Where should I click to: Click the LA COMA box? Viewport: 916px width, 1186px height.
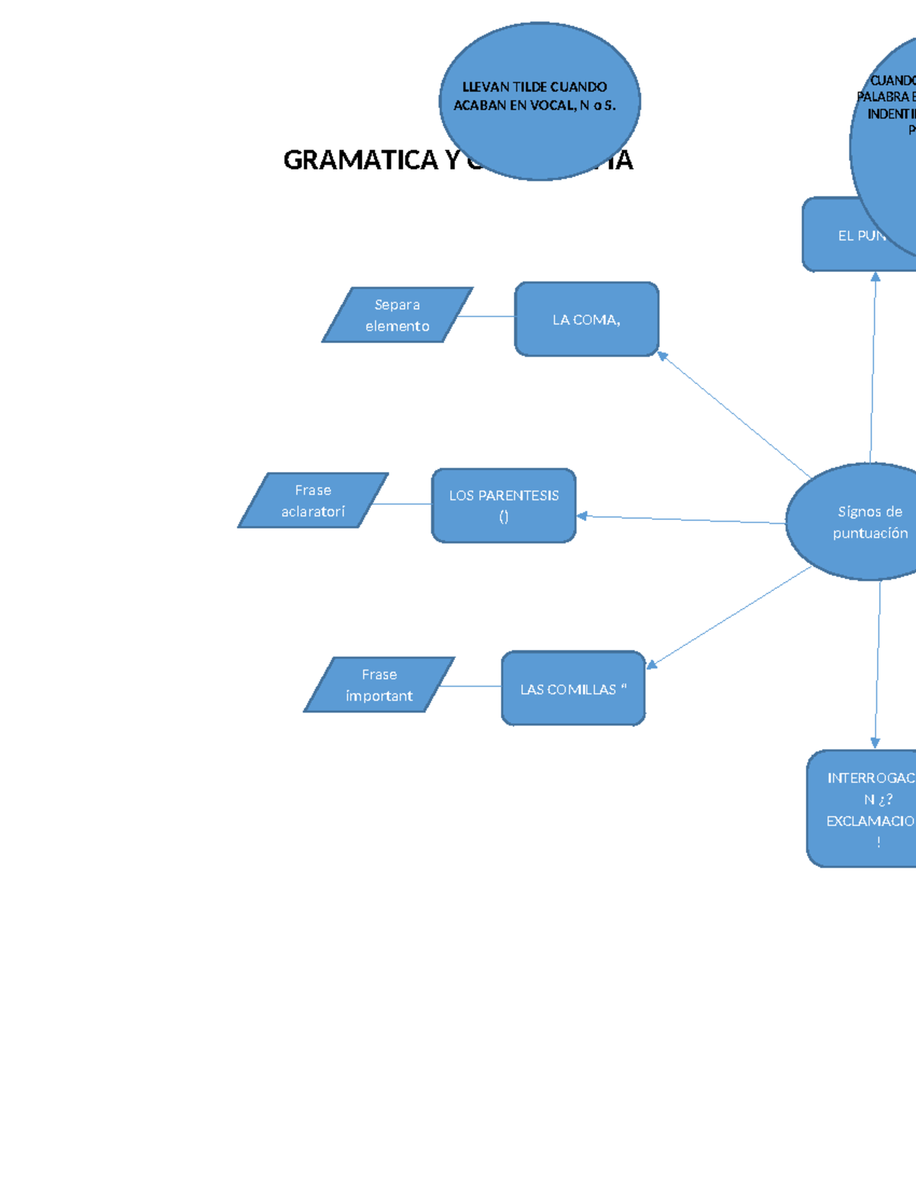pyautogui.click(x=586, y=319)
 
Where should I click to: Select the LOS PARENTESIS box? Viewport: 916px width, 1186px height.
pyautogui.click(x=503, y=506)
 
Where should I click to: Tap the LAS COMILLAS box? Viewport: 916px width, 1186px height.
pyautogui.click(x=572, y=688)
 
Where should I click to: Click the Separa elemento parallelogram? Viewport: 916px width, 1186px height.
pyautogui.click(x=397, y=315)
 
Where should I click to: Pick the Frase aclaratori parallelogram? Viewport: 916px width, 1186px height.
pyautogui.click(x=313, y=500)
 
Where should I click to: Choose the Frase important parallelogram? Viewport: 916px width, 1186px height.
pyautogui.click(x=379, y=685)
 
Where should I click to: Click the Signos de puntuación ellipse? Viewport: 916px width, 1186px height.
pyautogui.click(x=863, y=522)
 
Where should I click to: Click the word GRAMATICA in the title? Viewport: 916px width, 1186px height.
pyautogui.click(x=360, y=160)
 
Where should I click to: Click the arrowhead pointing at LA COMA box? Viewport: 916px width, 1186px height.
pyautogui.click(x=663, y=356)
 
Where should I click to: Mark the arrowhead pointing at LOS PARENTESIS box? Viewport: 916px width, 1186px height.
pyautogui.click(x=582, y=516)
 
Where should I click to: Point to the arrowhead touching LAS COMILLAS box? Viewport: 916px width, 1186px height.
pyautogui.click(x=651, y=664)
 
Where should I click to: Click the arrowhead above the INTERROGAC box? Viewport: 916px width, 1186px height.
pyautogui.click(x=876, y=743)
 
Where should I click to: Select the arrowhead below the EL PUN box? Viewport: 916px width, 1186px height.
pyautogui.click(x=876, y=277)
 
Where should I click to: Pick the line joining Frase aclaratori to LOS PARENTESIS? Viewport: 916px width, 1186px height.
pyautogui.click(x=402, y=504)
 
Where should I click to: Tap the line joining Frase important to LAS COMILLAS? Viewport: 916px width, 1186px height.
pyautogui.click(x=470, y=687)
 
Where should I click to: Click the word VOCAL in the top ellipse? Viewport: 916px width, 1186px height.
pyautogui.click(x=553, y=105)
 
